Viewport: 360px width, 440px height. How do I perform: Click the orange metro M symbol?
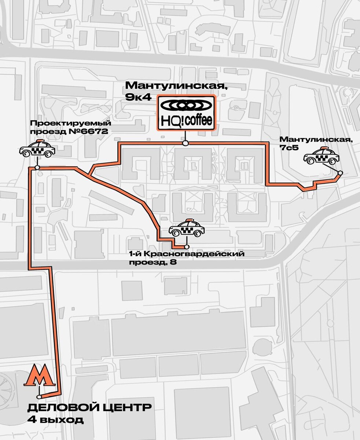coord(39,376)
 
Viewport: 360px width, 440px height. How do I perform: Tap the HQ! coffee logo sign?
coord(185,113)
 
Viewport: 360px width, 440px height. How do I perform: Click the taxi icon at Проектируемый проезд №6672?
coord(37,150)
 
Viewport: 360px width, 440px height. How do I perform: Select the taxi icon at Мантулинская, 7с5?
coord(321,157)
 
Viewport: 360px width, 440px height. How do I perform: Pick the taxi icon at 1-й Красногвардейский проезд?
coord(187,229)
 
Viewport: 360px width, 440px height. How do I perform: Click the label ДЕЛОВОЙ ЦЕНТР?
coord(89,408)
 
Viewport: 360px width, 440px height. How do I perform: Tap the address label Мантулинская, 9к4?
coord(154,90)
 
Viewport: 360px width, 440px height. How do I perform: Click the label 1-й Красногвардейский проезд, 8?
coord(186,257)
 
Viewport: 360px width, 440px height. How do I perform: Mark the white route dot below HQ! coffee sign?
coord(186,143)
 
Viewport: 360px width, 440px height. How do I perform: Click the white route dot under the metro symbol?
coord(39,397)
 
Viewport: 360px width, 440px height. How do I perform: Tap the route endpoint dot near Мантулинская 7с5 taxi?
coord(340,173)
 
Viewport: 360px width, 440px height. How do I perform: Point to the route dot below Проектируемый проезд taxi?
coord(37,168)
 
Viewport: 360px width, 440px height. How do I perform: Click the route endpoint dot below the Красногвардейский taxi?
coord(187,246)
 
